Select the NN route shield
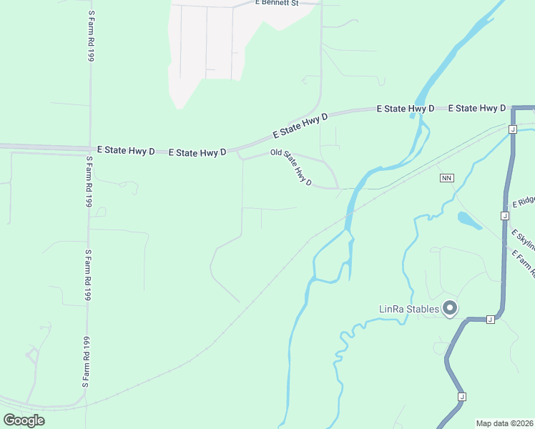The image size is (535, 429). point(447,177)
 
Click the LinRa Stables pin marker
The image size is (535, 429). point(450,309)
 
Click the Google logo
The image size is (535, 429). point(24,420)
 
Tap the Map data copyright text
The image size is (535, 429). point(504,423)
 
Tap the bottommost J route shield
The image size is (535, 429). point(462,396)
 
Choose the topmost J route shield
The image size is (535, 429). point(513,129)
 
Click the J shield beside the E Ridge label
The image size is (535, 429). point(505,215)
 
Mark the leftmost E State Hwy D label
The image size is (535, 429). point(126,150)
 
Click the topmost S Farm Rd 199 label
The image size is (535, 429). point(91,36)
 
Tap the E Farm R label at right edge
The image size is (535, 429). point(524,262)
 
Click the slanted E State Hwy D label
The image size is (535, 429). point(300,125)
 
